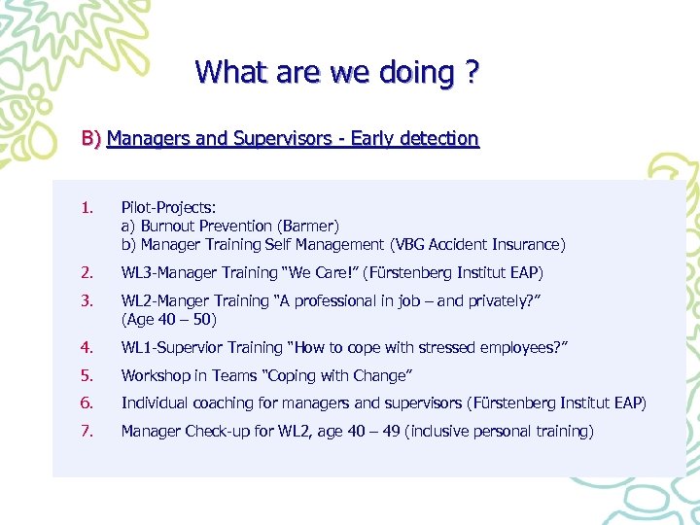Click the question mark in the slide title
pyautogui.click(x=472, y=73)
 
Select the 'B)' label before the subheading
pyautogui.click(x=91, y=139)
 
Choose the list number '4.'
pyautogui.click(x=88, y=347)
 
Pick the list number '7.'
pyautogui.click(x=88, y=431)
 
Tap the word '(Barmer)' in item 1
pyautogui.click(x=304, y=226)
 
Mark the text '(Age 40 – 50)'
pyautogui.click(x=168, y=319)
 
